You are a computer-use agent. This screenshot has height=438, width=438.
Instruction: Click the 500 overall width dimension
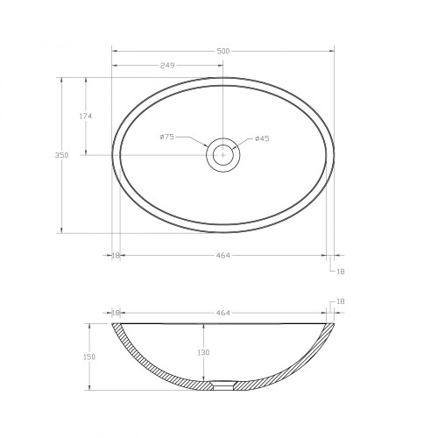coord(223,52)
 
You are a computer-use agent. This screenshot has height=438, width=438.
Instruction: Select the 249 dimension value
coord(167,66)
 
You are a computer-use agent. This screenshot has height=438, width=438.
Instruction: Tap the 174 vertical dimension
coord(86,117)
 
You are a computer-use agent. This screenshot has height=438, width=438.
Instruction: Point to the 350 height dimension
coord(61,155)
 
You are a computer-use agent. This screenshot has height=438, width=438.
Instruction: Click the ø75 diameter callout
coord(167,137)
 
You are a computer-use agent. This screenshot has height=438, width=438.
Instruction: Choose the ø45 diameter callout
coord(262,138)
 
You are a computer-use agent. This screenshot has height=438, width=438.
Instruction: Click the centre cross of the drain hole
coord(223,155)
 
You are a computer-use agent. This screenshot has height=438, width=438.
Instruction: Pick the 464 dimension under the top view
coord(223,256)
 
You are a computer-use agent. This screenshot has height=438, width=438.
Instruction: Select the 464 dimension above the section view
coord(223,313)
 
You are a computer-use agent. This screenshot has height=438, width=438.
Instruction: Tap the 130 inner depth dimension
coord(203,352)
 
